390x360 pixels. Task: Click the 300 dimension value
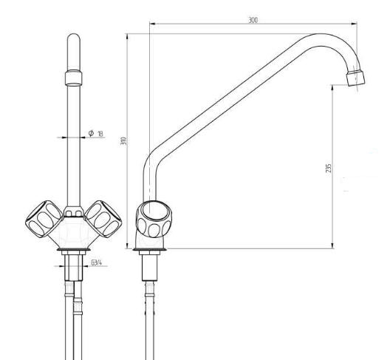click(x=253, y=20)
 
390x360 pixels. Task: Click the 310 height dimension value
click(x=124, y=141)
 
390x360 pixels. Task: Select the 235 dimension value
click(x=328, y=168)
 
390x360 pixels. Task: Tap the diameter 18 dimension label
click(x=96, y=134)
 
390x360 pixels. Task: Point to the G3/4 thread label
click(x=96, y=262)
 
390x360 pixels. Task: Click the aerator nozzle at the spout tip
click(x=356, y=78)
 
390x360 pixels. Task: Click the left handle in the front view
click(x=44, y=219)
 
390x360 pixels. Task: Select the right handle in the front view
click(x=103, y=219)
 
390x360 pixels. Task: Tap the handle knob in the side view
click(x=154, y=219)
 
